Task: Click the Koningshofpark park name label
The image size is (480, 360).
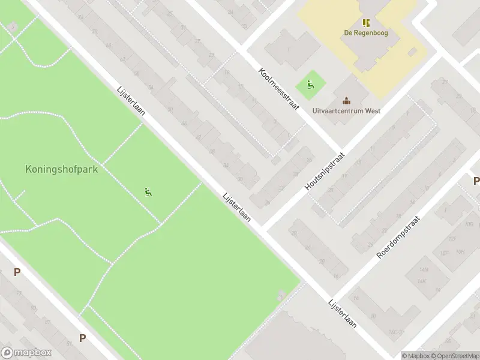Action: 62,169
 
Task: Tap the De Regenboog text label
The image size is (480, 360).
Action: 365,33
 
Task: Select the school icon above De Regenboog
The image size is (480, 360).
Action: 365,23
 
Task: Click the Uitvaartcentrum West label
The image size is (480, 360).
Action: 347,110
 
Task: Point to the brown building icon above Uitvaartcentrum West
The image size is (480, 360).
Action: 346,100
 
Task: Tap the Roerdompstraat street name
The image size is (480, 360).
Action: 398,238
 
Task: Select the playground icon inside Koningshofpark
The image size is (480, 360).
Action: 148,192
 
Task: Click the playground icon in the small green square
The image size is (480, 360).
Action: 310,85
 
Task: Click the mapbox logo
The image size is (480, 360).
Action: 27,353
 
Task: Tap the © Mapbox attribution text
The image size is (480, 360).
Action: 416,356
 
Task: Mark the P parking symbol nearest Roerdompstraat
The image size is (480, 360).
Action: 476,181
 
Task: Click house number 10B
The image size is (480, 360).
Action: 468,224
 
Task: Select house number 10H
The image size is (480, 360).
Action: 460,251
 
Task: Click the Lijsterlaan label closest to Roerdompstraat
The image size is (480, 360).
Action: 343,314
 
